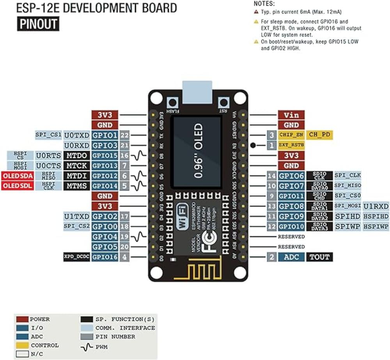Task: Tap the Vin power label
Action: click(291, 115)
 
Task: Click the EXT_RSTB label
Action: click(291, 145)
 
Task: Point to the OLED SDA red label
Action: click(17, 176)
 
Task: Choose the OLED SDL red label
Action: click(17, 186)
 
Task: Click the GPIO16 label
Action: click(105, 257)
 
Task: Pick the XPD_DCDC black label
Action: click(76, 257)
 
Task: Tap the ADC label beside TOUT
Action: click(291, 257)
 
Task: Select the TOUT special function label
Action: click(319, 257)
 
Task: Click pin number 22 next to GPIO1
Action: click(124, 135)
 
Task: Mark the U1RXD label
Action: click(376, 206)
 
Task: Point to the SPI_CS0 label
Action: click(347, 196)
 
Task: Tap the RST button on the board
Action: click(223, 103)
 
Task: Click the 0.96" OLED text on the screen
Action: click(198, 150)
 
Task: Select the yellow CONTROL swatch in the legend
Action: click(22, 345)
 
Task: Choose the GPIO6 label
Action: click(291, 176)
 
